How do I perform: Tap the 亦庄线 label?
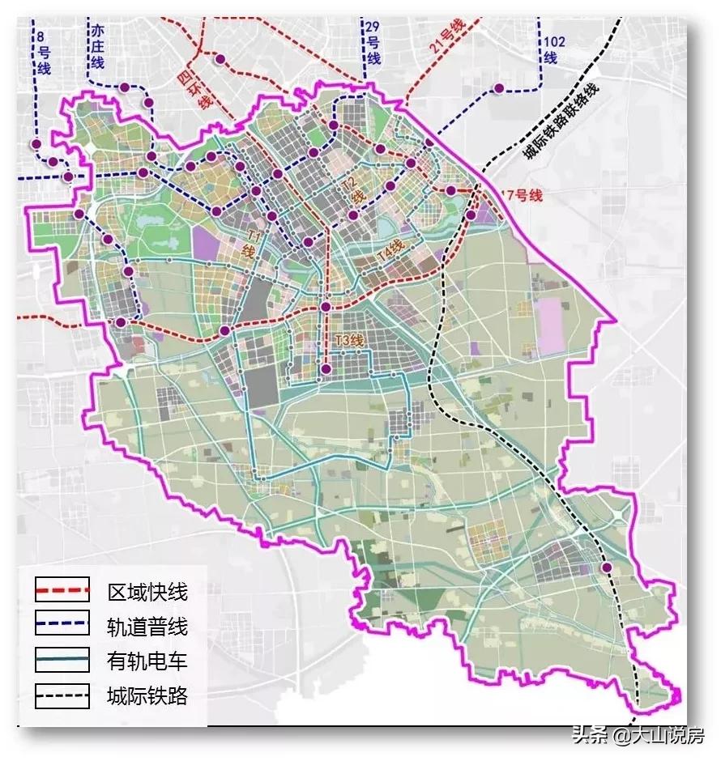(x=97, y=46)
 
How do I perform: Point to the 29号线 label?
(x=373, y=42)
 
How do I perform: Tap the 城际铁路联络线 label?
(x=560, y=123)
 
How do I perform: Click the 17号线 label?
(x=520, y=195)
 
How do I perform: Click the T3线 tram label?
(x=350, y=341)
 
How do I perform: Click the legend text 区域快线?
(x=147, y=592)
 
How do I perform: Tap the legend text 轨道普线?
(x=147, y=627)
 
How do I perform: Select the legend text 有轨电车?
(x=147, y=661)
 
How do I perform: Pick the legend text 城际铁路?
(x=147, y=695)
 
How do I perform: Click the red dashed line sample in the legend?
(x=62, y=592)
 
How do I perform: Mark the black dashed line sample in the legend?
(x=62, y=695)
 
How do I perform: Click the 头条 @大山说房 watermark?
(x=639, y=736)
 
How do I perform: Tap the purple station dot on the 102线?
(x=500, y=87)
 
